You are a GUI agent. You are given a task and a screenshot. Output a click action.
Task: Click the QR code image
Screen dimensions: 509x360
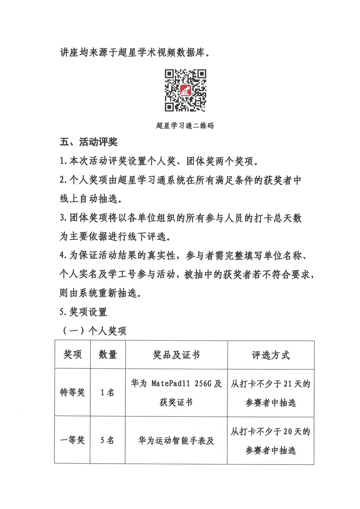click(185, 91)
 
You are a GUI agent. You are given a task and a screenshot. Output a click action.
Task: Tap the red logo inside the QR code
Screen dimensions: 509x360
click(185, 91)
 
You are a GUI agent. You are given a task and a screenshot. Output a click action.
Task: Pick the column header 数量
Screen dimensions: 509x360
click(108, 355)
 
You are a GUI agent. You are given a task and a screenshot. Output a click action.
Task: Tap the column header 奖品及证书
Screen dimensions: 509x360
click(176, 355)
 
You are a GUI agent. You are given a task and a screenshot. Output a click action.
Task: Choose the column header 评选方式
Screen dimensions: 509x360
click(271, 355)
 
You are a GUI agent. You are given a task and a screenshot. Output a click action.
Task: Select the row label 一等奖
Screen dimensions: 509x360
click(73, 440)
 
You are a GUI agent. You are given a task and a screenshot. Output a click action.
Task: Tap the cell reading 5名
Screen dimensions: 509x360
click(108, 440)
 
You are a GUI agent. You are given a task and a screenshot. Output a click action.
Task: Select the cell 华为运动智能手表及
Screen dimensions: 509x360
click(176, 440)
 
